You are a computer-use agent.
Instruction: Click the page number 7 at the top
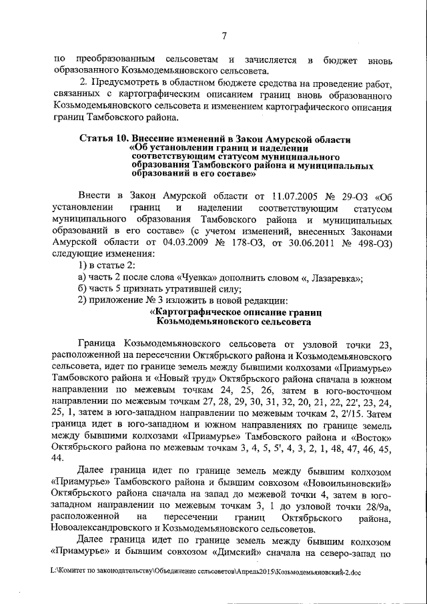pos(224,35)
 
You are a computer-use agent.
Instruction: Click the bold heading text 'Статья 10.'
pos(105,139)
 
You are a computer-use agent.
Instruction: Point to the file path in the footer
pos(205,572)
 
